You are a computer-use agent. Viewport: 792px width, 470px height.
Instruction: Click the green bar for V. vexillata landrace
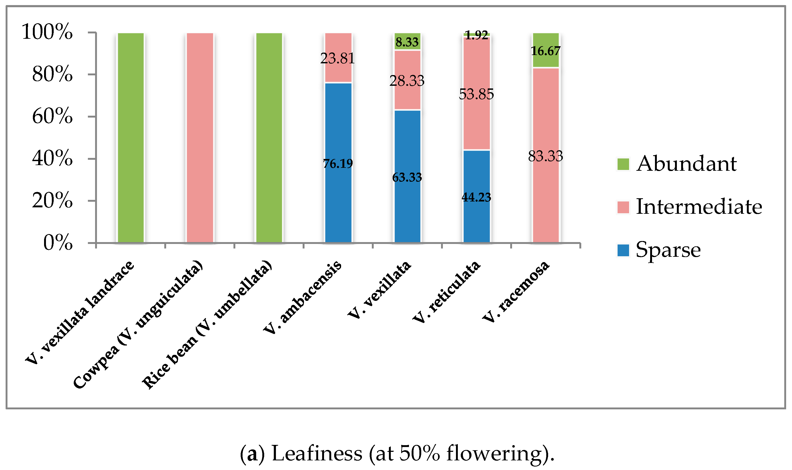[x=131, y=138]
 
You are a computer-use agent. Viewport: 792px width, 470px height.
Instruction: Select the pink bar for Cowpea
[x=200, y=138]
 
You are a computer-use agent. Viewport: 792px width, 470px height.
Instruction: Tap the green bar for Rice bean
[x=269, y=138]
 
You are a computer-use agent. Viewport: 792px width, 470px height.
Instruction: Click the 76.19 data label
[x=338, y=164]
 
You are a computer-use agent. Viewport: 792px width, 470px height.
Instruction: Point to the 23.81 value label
[x=337, y=58]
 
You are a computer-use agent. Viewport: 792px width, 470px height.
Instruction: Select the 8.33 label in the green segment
[x=407, y=42]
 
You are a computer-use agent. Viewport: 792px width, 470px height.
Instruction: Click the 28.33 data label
[x=407, y=81]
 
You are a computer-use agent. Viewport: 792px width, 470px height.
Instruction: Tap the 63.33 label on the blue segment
[x=407, y=177]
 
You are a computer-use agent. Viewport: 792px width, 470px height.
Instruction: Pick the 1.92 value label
[x=477, y=35]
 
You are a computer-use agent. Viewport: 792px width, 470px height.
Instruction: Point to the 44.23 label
[x=477, y=197]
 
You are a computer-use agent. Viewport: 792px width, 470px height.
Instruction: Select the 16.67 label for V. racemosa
[x=546, y=51]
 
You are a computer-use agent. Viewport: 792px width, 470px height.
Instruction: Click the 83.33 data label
[x=545, y=156]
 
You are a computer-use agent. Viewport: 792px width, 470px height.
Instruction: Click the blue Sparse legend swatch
[x=623, y=250]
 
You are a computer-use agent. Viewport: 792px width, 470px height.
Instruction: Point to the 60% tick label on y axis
[x=52, y=116]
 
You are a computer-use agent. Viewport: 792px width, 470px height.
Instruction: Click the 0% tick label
[x=58, y=243]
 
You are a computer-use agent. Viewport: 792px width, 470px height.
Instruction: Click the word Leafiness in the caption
[x=317, y=453]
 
